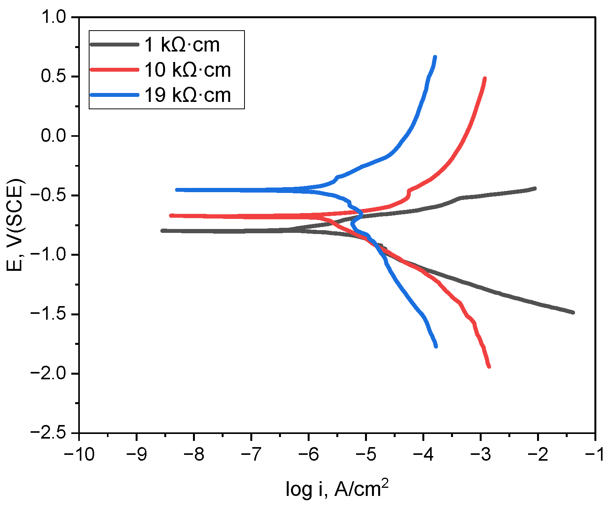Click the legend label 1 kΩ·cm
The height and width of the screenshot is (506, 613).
click(x=182, y=45)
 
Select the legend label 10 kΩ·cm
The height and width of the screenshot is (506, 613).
click(x=188, y=70)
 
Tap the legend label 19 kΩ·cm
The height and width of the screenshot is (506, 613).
click(x=188, y=95)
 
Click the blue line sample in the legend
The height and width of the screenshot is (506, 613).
click(x=114, y=95)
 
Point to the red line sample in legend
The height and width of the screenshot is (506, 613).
click(x=114, y=70)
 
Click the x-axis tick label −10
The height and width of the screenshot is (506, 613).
click(x=79, y=454)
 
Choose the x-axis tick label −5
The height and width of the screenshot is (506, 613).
click(x=366, y=454)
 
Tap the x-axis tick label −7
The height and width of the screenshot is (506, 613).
click(x=251, y=454)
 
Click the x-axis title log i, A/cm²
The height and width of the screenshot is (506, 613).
click(x=337, y=489)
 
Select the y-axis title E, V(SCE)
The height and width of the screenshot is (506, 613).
click(x=15, y=225)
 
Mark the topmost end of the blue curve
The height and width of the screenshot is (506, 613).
click(x=435, y=57)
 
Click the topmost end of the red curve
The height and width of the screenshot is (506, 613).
click(x=485, y=79)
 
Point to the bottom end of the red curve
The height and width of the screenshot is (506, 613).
click(x=489, y=367)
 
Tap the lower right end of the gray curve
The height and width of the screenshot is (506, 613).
click(x=573, y=312)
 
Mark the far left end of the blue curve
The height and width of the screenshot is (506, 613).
click(x=177, y=190)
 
